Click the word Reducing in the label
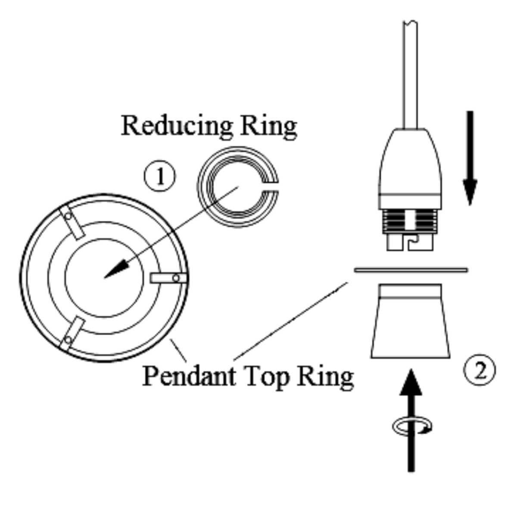[177, 126]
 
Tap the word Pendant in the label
[189, 376]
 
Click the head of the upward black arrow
[411, 383]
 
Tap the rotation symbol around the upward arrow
[412, 427]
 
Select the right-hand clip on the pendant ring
[168, 278]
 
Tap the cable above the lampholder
[410, 73]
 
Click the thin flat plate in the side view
[411, 270]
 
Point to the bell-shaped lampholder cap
[410, 168]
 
